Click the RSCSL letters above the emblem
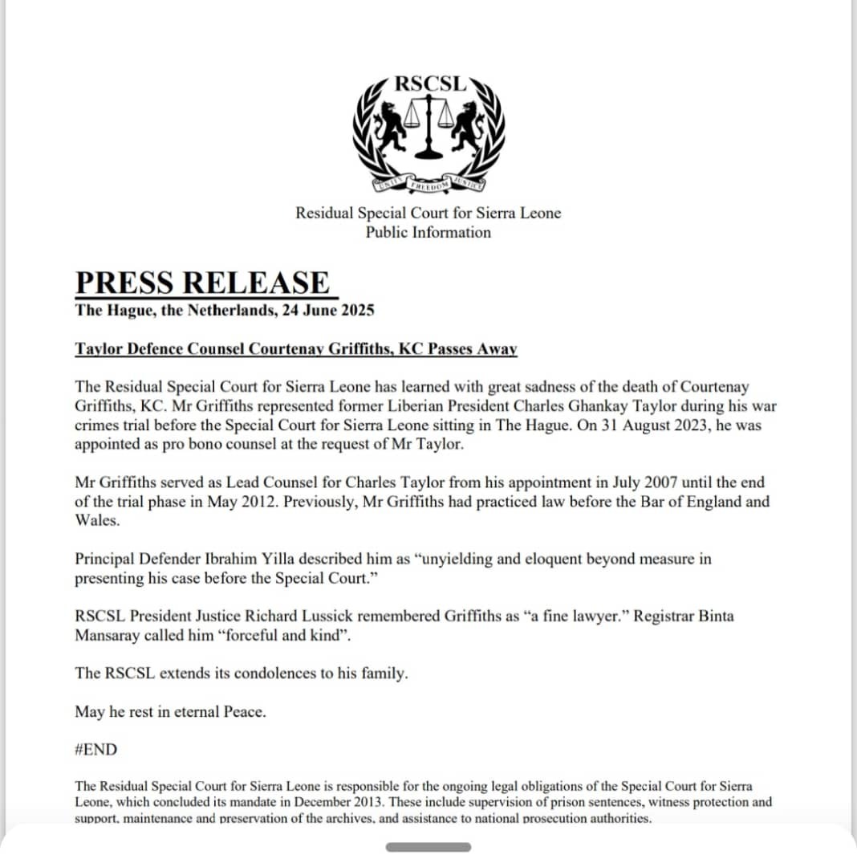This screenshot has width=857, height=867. click(x=429, y=83)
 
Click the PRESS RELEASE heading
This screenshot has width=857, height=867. click(x=202, y=283)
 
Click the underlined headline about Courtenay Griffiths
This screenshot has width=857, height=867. click(x=296, y=349)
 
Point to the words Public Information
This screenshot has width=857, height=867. click(x=428, y=233)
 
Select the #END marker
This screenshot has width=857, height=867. click(x=95, y=750)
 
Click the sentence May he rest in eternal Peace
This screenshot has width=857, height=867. click(x=169, y=712)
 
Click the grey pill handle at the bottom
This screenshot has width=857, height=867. click(x=428, y=847)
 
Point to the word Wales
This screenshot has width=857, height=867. click(x=96, y=521)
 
